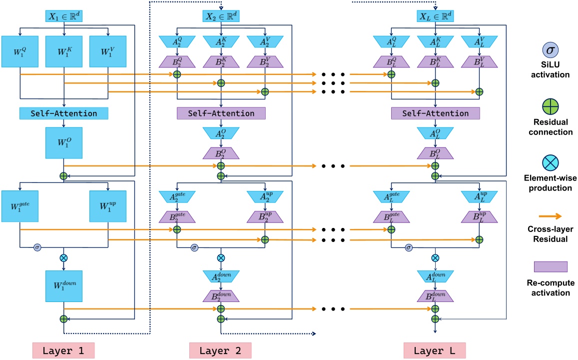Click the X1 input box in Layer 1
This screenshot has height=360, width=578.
pyautogui.click(x=64, y=16)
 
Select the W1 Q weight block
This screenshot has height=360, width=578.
pyautogui.click(x=20, y=51)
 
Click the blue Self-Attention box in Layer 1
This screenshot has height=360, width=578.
pyautogui.click(x=64, y=113)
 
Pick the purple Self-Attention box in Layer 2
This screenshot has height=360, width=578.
pyautogui.click(x=221, y=113)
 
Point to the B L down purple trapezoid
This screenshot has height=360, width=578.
pyautogui.click(x=435, y=295)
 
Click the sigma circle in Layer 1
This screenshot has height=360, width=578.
pyautogui.click(x=37, y=247)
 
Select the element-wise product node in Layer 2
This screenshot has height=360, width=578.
pyautogui.click(x=221, y=258)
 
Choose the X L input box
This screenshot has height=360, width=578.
pyautogui.click(x=435, y=16)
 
